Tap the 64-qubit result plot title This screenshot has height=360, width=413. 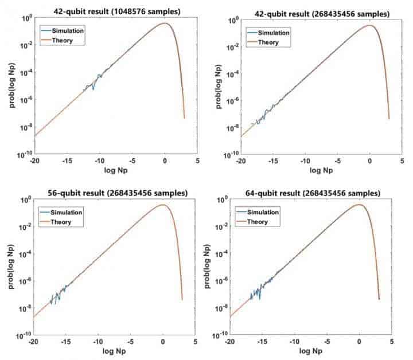pos(310,193)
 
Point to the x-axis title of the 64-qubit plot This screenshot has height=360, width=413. pos(310,351)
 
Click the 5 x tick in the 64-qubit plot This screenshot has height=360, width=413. pos(392,342)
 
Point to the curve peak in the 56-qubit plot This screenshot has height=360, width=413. pos(165,205)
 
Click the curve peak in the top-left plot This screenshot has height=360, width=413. pos(165,23)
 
